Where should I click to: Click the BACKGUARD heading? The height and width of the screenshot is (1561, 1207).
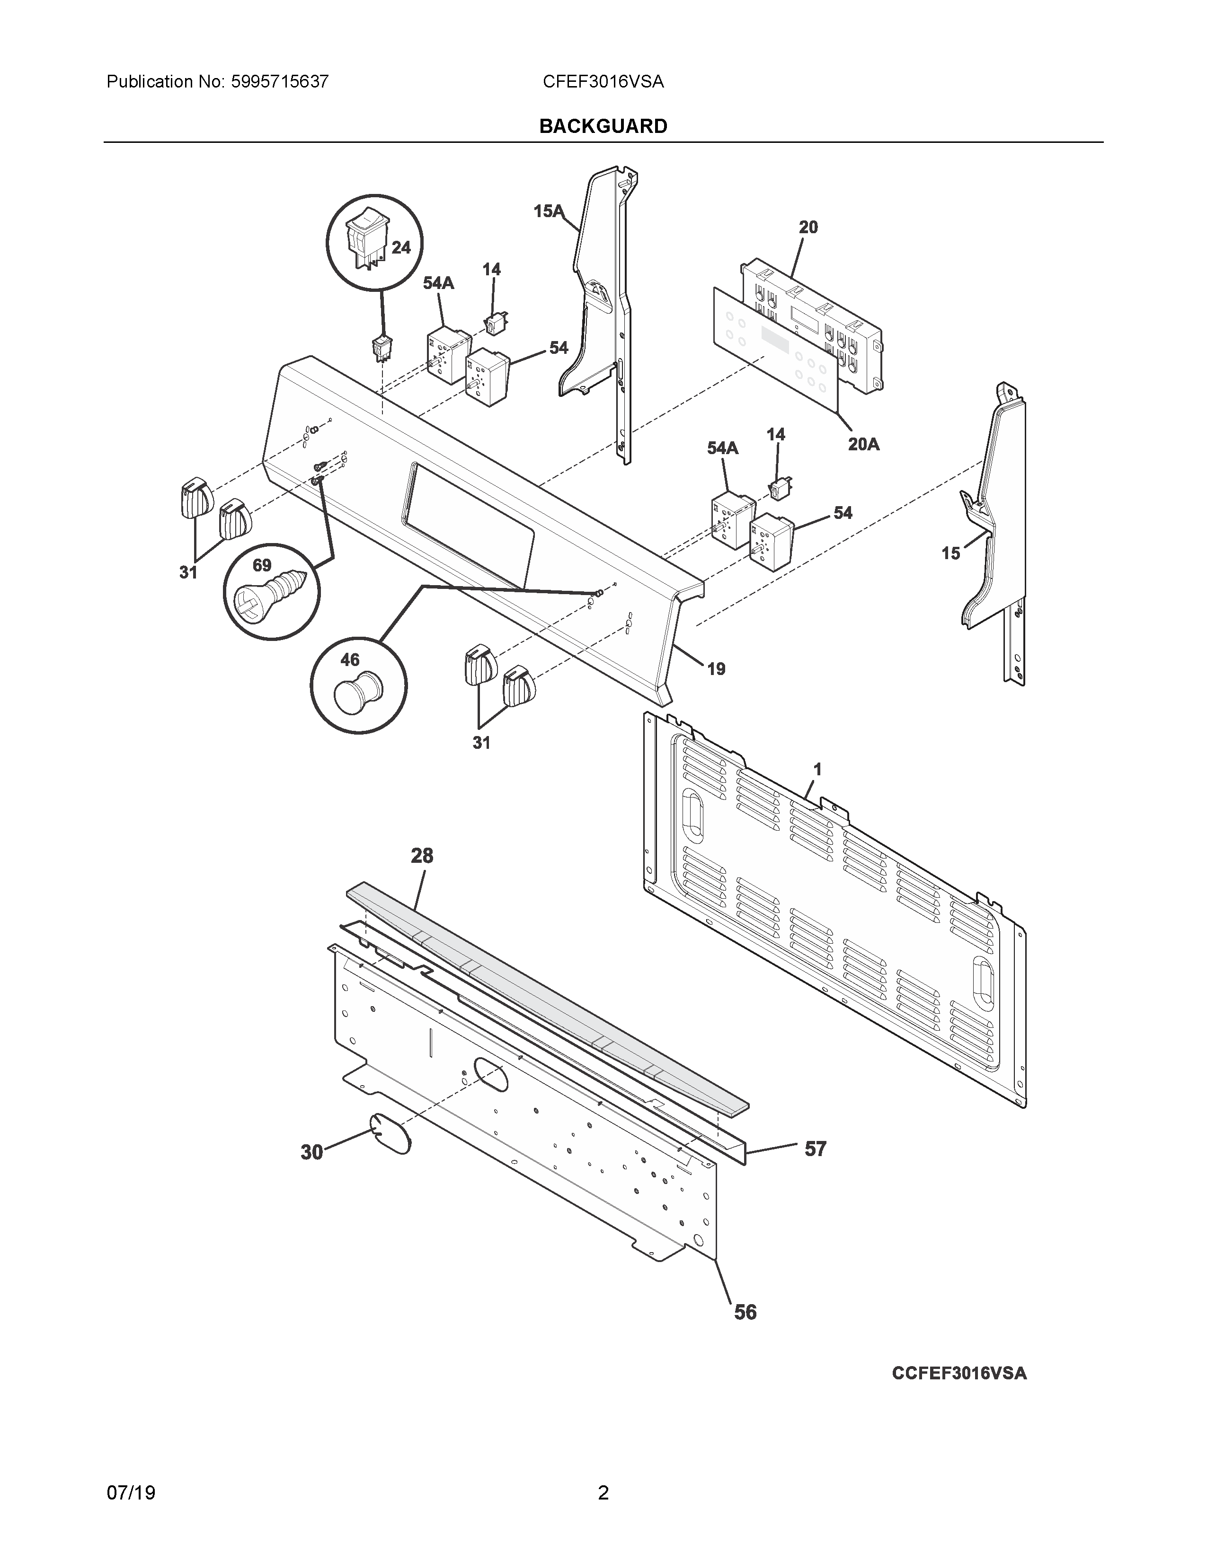(x=603, y=126)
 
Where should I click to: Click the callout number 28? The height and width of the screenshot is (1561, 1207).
(x=422, y=856)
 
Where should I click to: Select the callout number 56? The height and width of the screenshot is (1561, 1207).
(x=745, y=1312)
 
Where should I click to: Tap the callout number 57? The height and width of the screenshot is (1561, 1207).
(x=815, y=1149)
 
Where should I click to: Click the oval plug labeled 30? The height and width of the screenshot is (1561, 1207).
(x=390, y=1133)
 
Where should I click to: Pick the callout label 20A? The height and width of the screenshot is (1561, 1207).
(x=863, y=445)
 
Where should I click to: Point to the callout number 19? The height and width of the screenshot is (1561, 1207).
(x=716, y=669)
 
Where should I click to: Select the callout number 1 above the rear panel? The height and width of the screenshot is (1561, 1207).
(x=817, y=769)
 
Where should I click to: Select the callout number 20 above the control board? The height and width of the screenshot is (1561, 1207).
(x=808, y=227)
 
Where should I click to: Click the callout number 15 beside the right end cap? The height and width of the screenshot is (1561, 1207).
(x=950, y=553)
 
